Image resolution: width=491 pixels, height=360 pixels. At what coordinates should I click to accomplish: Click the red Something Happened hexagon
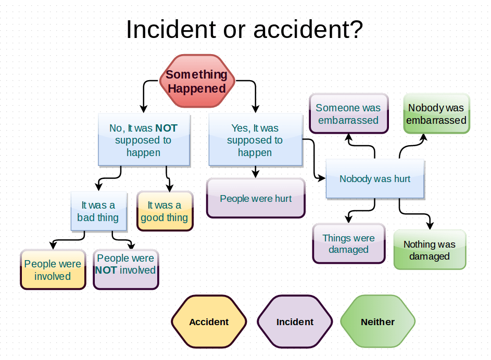pos(197,81)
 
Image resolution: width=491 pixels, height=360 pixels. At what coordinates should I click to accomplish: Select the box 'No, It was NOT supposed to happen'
pos(144,140)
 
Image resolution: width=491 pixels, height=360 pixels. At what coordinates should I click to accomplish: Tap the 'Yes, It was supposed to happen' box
pos(255,140)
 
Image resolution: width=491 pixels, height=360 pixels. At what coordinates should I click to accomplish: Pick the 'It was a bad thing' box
pos(98,211)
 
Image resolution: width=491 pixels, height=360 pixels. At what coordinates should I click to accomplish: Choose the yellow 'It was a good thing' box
pos(165,211)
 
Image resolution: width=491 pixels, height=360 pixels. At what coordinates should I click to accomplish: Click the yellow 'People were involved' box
pos(53,269)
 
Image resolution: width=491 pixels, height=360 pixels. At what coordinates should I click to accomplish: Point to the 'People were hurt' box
pos(256,198)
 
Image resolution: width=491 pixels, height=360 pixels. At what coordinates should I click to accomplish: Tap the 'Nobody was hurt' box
pos(375,179)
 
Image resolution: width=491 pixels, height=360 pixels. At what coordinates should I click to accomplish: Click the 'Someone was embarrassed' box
pos(348,114)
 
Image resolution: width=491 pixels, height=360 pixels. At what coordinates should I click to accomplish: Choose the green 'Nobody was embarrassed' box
pos(436,114)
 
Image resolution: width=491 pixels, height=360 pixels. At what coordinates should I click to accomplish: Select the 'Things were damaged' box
pos(348,243)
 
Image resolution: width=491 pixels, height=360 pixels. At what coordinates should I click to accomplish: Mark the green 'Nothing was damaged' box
pos(430,250)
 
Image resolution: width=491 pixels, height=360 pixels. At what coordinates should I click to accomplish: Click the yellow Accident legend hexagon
pos(209,322)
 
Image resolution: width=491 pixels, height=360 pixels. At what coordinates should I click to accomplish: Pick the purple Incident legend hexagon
pos(295,322)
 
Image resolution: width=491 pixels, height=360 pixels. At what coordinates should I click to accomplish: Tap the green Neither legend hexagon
pos(377,322)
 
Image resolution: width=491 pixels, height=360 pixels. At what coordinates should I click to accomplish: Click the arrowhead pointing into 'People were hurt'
pos(255,174)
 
